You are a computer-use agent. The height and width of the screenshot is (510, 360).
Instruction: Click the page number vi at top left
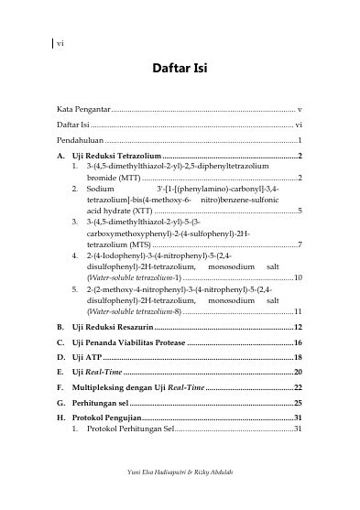tap(60, 43)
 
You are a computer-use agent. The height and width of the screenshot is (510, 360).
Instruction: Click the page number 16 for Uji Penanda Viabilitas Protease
tap(298, 342)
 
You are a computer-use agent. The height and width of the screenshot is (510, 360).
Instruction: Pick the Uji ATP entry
tap(87, 357)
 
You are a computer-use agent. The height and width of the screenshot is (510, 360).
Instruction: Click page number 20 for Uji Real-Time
tap(298, 372)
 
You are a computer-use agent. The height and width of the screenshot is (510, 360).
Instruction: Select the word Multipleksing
tap(103, 387)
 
